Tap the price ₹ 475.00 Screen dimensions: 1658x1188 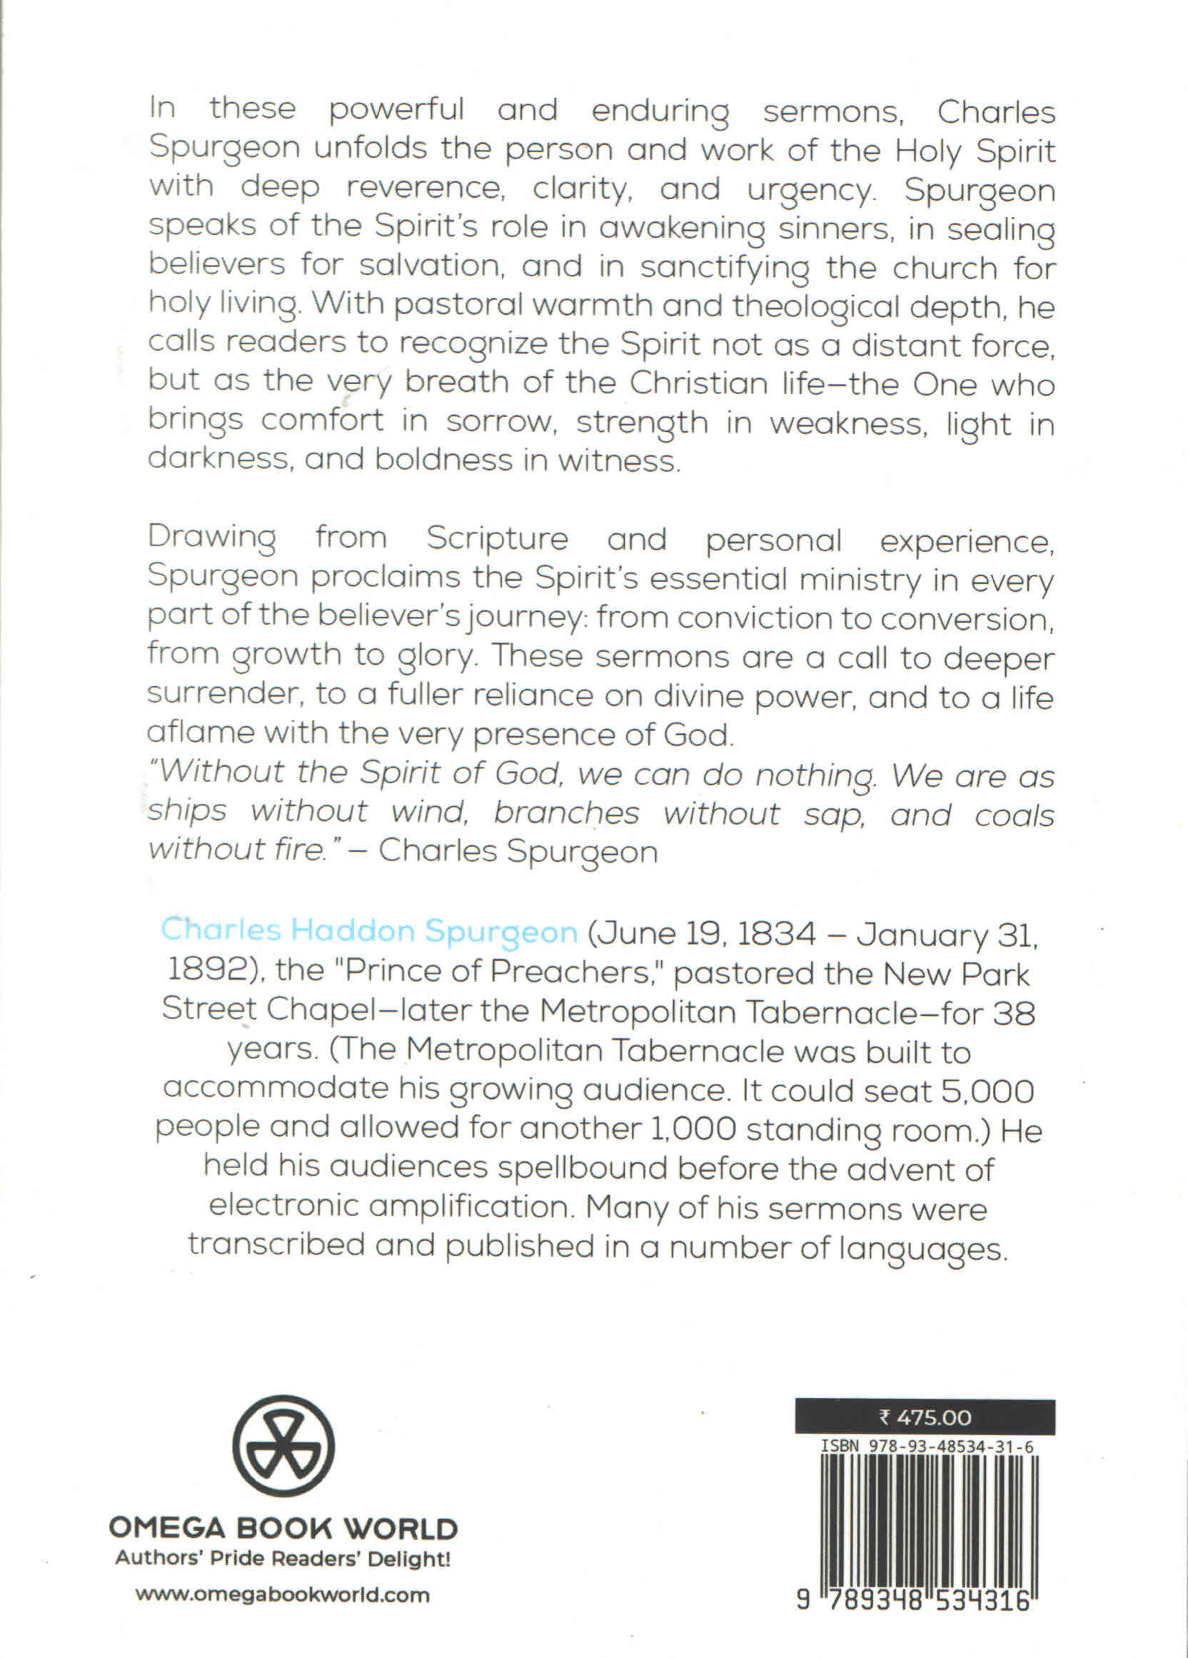click(x=925, y=1417)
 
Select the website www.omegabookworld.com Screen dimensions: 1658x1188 click(x=283, y=1594)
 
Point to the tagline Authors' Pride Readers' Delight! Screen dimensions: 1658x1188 click(x=283, y=1559)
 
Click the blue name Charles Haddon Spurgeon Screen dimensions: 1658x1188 click(x=369, y=930)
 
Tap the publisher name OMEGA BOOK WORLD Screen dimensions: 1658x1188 click(x=283, y=1529)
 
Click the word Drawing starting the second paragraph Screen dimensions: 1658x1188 click(x=212, y=539)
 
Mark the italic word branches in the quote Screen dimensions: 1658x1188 click(x=567, y=812)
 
